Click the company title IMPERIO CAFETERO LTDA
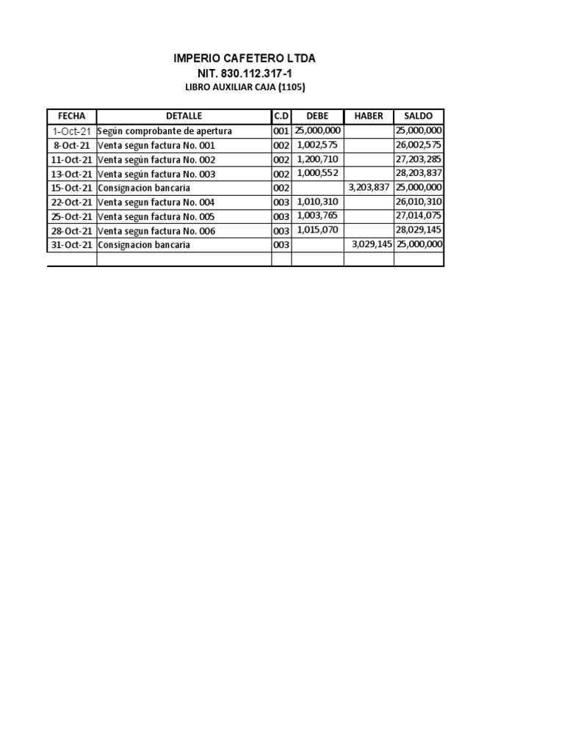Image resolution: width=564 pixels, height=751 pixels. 245,58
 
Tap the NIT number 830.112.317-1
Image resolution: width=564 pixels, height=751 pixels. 245,73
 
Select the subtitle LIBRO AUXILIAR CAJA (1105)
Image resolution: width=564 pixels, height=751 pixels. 245,87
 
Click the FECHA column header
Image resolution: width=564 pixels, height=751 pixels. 72,116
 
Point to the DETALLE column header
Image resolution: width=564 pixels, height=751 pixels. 184,116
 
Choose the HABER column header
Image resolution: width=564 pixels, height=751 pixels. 369,116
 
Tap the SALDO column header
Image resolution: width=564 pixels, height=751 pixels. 419,116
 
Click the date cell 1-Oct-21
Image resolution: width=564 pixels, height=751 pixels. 72,131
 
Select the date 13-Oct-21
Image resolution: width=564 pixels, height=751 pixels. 72,174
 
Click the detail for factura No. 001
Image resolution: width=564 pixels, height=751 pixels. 156,146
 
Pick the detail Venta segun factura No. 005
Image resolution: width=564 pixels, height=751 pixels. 156,216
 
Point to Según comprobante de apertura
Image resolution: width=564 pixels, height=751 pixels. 164,131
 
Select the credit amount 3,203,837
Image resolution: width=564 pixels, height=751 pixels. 369,188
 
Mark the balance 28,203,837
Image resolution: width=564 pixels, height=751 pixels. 419,174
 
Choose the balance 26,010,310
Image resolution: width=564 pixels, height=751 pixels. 419,202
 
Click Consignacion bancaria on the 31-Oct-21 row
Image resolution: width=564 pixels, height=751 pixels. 144,245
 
